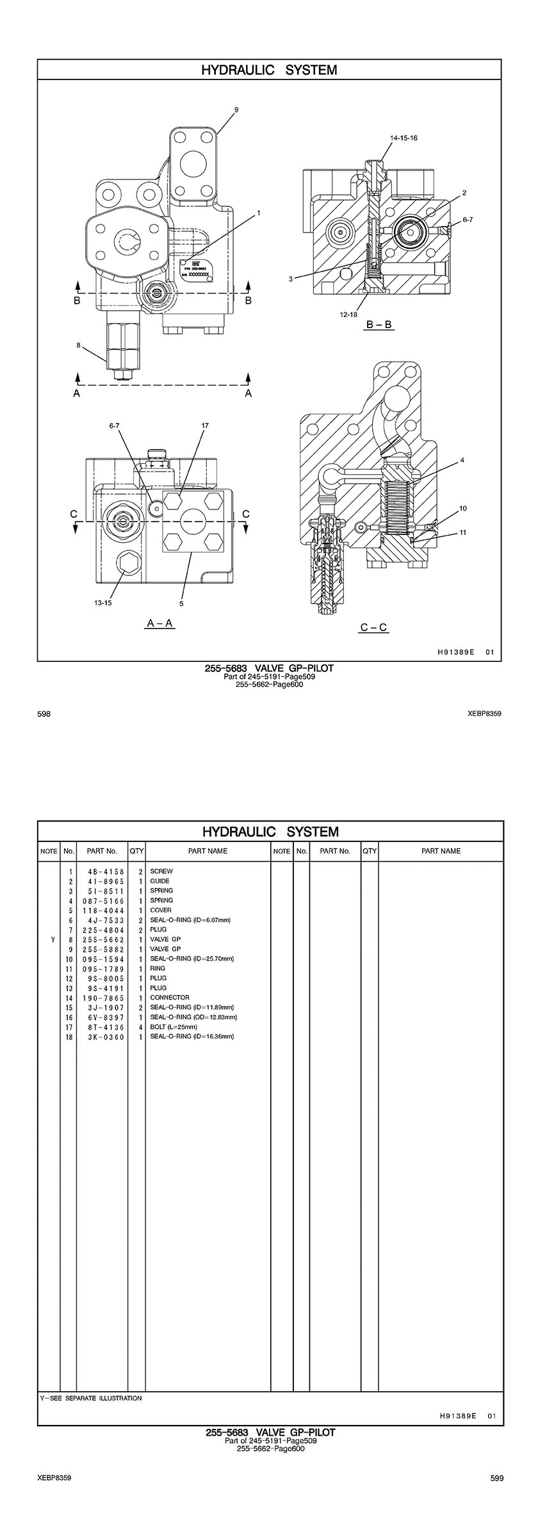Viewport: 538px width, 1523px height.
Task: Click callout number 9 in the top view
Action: click(236, 110)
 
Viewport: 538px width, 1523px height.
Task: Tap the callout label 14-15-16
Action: click(404, 138)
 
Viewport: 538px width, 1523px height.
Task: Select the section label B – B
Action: click(379, 325)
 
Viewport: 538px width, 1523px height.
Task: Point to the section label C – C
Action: click(373, 627)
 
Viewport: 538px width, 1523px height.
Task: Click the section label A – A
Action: click(160, 623)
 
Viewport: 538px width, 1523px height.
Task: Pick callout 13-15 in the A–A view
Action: click(102, 602)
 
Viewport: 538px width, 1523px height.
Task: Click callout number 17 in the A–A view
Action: click(205, 425)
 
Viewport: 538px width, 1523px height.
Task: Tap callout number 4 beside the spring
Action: click(462, 460)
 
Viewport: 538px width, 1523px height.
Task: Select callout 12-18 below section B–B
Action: click(348, 315)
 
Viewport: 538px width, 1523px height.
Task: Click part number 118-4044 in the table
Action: click(103, 910)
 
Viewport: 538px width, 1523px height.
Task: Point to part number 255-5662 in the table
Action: click(103, 939)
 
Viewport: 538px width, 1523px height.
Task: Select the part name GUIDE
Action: click(159, 881)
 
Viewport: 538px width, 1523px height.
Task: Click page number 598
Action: click(44, 713)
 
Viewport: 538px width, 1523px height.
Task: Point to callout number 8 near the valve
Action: click(78, 345)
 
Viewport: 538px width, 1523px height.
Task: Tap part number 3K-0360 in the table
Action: click(103, 1037)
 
